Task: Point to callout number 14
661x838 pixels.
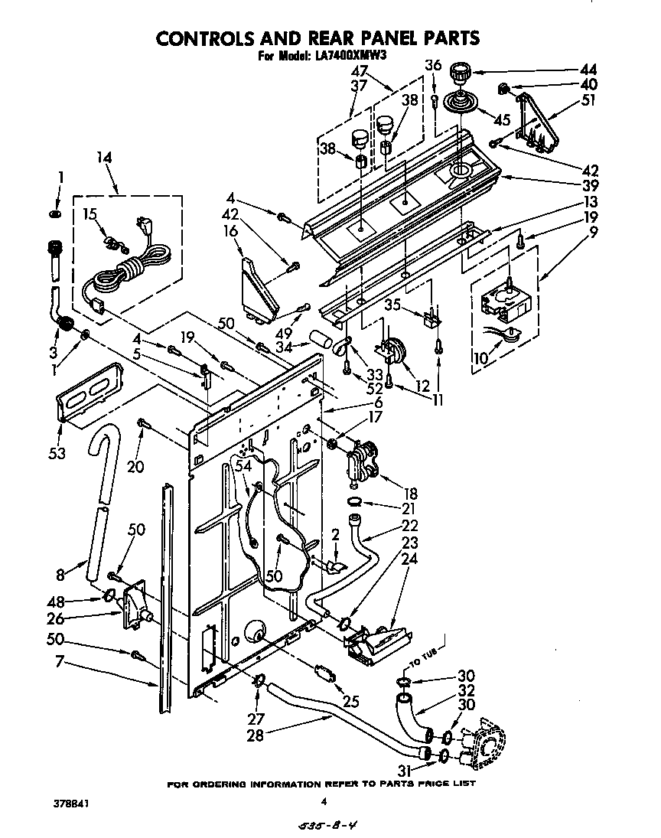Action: (104, 158)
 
